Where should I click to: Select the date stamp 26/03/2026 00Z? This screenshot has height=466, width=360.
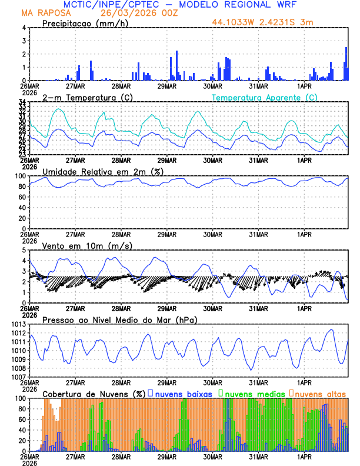[x=131, y=12]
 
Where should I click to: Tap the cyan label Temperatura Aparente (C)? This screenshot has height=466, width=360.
[x=264, y=97]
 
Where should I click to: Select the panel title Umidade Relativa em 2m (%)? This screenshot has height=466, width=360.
[x=102, y=171]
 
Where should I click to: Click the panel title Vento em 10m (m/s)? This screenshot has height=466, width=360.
[x=88, y=245]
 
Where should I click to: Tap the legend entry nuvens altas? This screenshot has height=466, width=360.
[x=320, y=393]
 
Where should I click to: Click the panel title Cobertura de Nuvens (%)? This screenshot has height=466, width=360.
[x=94, y=393]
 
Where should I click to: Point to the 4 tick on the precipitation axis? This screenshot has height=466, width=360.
[x=24, y=28]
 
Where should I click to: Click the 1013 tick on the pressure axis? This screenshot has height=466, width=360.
[x=19, y=324]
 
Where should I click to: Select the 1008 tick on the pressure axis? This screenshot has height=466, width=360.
[x=19, y=368]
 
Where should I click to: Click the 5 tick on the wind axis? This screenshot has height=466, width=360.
[x=24, y=250]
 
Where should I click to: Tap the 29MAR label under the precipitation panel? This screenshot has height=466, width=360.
[x=166, y=85]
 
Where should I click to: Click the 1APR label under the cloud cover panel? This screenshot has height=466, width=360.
[x=304, y=456]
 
